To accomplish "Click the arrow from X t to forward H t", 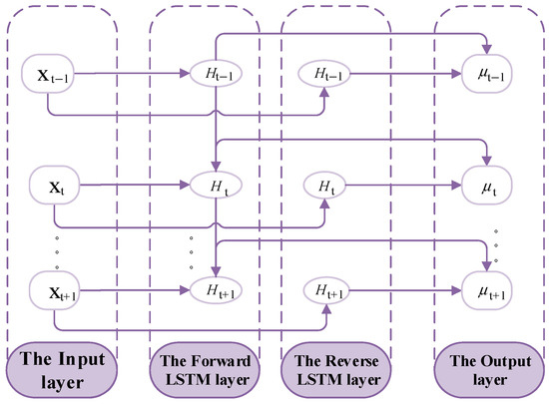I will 140,185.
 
